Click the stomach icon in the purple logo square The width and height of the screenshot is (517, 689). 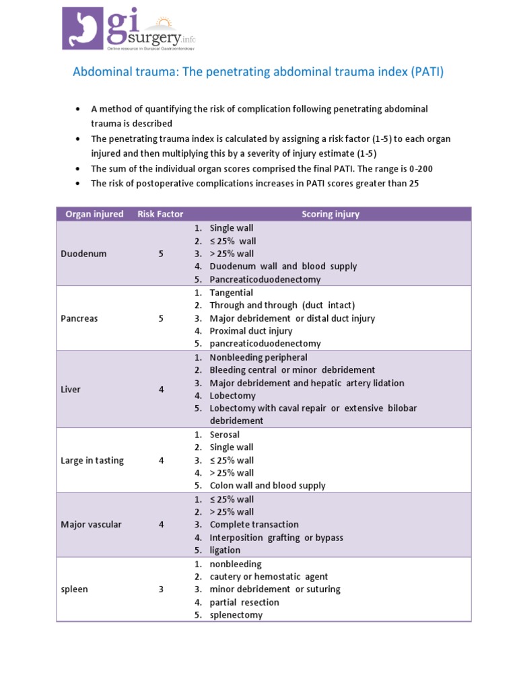[83, 28]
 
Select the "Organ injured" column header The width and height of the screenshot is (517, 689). [94, 214]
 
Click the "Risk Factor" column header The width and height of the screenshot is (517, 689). [160, 214]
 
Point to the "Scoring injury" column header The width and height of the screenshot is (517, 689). [331, 214]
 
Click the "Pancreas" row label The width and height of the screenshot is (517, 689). [79, 318]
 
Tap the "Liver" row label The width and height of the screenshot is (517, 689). [71, 390]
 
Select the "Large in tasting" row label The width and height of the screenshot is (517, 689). [92, 460]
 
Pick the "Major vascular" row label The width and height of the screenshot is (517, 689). [91, 524]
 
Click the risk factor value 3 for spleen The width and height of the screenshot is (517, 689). [161, 589]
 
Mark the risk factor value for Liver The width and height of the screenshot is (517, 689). [161, 390]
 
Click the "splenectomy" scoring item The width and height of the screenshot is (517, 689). [236, 615]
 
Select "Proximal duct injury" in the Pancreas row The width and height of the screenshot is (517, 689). [251, 331]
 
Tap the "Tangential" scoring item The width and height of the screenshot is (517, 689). [232, 293]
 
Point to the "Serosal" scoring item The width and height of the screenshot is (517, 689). [224, 435]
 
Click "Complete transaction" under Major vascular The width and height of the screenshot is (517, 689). [254, 524]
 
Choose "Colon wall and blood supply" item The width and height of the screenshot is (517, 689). [267, 485]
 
